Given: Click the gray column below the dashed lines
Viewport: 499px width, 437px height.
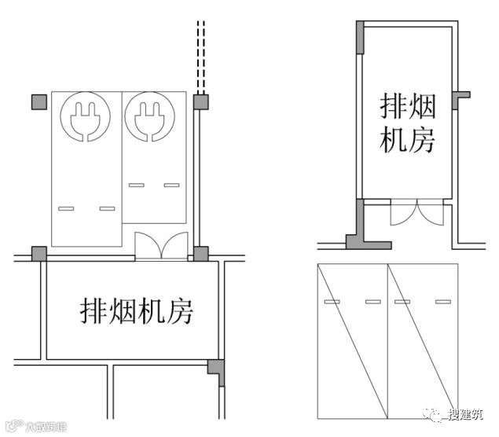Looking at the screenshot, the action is click(x=200, y=101).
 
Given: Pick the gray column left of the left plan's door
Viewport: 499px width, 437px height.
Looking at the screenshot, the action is click(x=39, y=254).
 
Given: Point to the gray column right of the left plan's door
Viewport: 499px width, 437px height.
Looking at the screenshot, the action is click(x=201, y=254).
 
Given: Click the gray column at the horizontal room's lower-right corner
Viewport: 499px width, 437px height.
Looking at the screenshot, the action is click(x=216, y=369).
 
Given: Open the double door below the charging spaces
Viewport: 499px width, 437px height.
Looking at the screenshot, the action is click(x=161, y=246).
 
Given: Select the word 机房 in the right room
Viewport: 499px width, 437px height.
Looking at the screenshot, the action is click(x=407, y=141).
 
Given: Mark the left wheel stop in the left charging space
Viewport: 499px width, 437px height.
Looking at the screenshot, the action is click(x=67, y=209).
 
